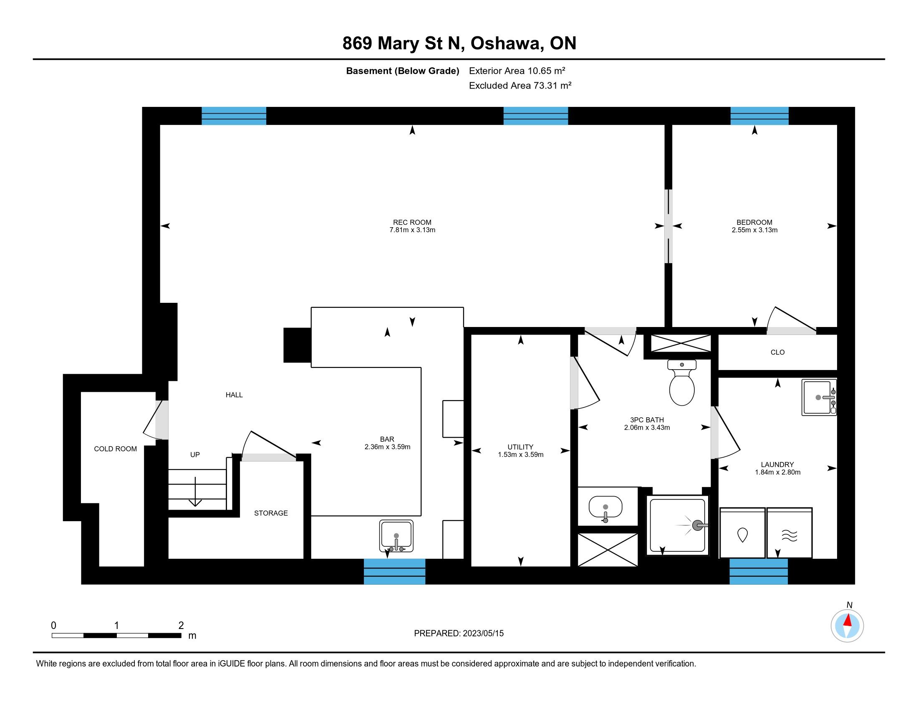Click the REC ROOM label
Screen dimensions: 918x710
point(412,222)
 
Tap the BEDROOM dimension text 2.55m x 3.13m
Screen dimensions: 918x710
point(754,230)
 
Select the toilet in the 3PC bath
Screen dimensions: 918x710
point(681,382)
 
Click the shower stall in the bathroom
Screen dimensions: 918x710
point(677,525)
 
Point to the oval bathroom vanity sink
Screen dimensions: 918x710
point(605,507)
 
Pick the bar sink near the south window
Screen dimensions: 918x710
point(396,535)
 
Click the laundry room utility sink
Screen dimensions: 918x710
point(819,398)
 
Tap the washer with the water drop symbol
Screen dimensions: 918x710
point(742,533)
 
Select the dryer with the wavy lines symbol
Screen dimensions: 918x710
point(789,533)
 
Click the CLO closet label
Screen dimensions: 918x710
point(777,352)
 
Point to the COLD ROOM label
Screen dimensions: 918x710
point(115,449)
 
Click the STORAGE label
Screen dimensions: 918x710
point(271,513)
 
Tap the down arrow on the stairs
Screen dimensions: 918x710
point(195,492)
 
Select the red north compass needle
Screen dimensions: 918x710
point(848,620)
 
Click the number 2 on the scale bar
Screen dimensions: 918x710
point(181,626)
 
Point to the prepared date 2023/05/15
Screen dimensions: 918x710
point(483,633)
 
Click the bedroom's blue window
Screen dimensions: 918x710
point(759,116)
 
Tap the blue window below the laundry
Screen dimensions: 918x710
point(758,571)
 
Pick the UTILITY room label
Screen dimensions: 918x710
point(520,447)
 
